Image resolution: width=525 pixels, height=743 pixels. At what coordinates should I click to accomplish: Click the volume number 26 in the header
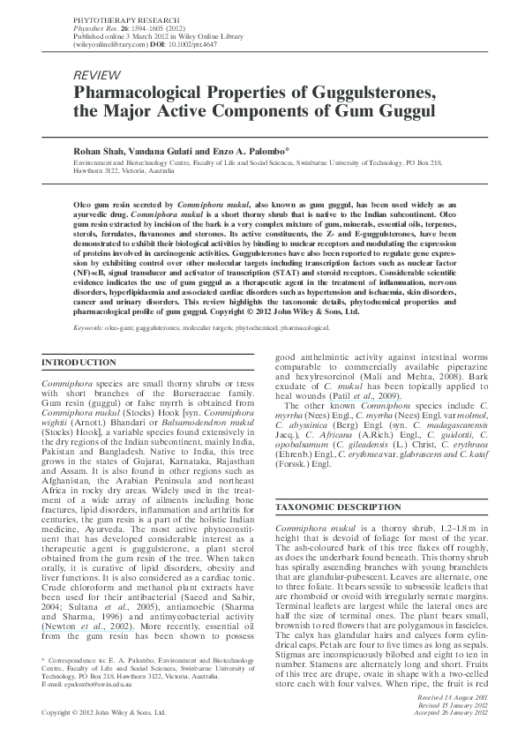tap(101, 26)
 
